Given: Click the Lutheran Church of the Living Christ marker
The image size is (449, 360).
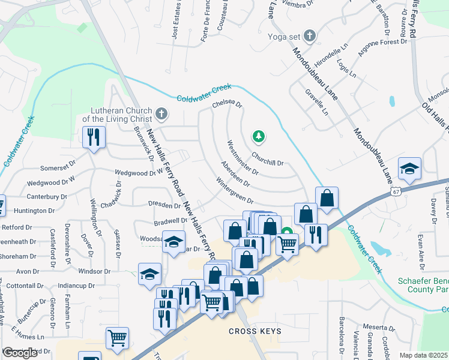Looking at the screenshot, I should coord(161,113).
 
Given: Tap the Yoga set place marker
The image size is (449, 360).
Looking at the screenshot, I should coord(310,36).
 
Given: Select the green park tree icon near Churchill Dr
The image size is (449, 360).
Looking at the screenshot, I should coord(259,136).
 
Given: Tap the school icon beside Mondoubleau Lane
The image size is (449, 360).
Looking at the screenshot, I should coord(409,169).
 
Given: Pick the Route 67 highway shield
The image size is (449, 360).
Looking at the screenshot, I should coord(394,191).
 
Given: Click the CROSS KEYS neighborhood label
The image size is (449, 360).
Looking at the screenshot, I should coord(255,331).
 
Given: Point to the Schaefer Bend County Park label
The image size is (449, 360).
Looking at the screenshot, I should coord(423,285).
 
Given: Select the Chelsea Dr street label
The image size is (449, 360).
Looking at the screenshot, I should coord(227,104).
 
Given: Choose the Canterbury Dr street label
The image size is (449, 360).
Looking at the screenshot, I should coord(46,196).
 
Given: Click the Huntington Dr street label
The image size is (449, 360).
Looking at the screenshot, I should coord(34,211).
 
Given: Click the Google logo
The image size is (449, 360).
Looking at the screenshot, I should coord(20,353).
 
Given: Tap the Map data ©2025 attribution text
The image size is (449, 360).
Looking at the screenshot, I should coord(424,355).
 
